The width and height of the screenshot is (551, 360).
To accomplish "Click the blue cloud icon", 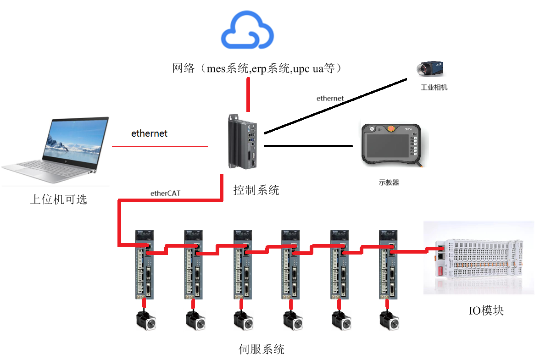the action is [247, 29].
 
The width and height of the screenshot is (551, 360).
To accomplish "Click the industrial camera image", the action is [430, 68].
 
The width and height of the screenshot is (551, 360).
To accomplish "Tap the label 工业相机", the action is [434, 87].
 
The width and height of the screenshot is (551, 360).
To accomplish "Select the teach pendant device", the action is [392, 145].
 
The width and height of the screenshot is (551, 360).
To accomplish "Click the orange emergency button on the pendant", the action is [391, 128].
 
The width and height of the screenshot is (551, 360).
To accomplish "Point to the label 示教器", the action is [389, 183].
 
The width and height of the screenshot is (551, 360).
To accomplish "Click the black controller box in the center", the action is [242, 142].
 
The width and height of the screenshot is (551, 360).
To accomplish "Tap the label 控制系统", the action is [256, 190].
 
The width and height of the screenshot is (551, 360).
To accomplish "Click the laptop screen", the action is [74, 141].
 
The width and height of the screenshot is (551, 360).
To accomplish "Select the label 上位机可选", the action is [59, 199].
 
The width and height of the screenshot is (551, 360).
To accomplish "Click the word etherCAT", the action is [165, 193].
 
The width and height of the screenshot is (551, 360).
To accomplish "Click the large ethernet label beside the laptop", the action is [149, 133].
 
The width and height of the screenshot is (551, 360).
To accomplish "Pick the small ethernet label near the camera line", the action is [330, 98].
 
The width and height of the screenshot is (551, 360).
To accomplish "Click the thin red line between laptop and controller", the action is [160, 146].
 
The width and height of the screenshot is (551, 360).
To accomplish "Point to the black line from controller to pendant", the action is [308, 146].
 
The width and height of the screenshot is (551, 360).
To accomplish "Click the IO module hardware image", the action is [479, 258].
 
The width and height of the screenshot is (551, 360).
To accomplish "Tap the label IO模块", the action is [486, 310].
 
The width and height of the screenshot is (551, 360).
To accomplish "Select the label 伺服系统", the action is [262, 349].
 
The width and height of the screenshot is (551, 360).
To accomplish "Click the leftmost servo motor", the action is [146, 321].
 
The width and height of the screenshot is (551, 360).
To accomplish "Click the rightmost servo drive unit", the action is [388, 265].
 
